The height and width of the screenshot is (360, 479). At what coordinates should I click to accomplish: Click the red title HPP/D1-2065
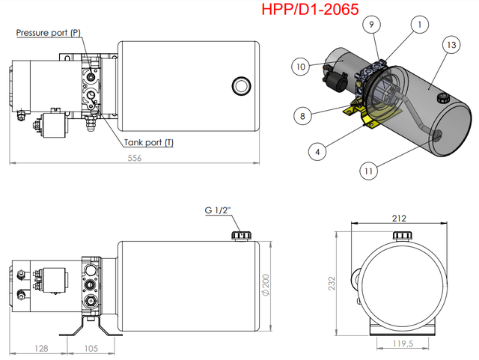click(310, 10)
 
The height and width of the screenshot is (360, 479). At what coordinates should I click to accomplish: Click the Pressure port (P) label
click(48, 33)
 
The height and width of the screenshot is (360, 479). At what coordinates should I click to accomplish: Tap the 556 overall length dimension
click(134, 158)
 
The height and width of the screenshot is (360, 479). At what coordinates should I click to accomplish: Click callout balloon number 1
click(420, 25)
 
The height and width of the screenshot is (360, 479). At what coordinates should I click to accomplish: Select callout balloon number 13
click(450, 44)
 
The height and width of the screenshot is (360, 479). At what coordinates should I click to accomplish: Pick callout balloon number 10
click(301, 67)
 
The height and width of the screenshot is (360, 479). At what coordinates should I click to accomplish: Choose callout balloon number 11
click(368, 171)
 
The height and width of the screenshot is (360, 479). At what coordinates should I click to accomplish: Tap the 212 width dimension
click(398, 219)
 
